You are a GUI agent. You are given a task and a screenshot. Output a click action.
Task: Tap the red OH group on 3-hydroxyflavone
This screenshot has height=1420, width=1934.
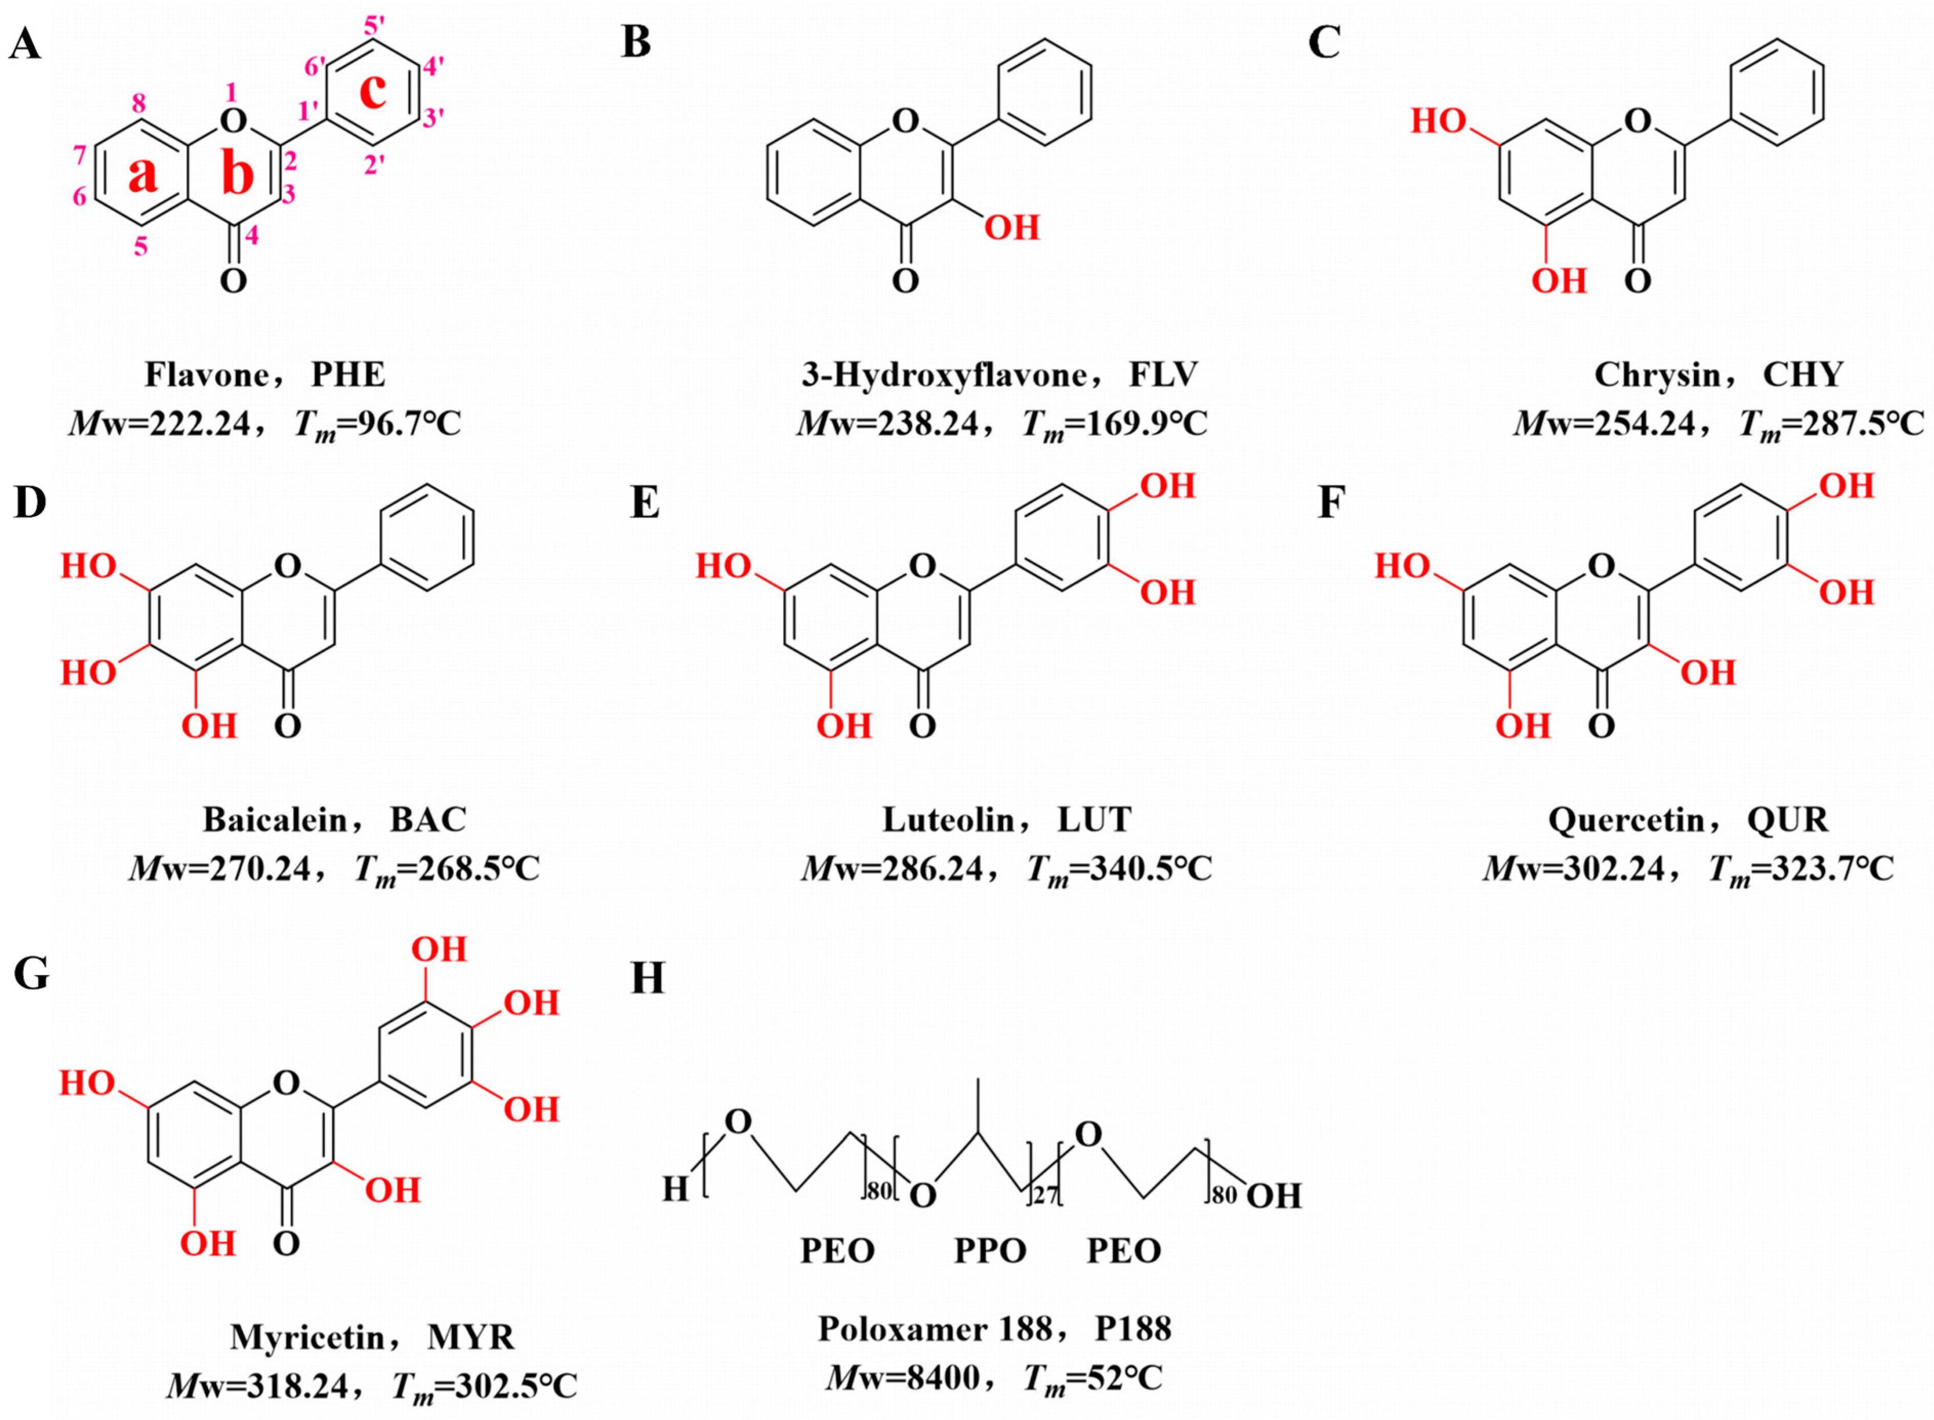(x=1012, y=228)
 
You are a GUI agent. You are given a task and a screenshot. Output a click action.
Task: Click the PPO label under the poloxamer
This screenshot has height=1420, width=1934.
(x=990, y=1250)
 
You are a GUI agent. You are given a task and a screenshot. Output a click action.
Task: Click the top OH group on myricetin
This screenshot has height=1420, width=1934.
(x=439, y=950)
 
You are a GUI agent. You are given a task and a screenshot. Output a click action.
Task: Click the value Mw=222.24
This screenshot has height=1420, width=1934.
(x=160, y=424)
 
